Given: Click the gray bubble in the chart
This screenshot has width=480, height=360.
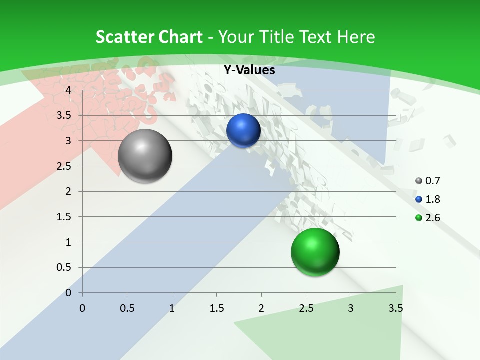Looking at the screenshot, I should [x=145, y=156].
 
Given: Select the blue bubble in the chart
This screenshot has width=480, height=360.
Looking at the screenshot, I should [x=243, y=130].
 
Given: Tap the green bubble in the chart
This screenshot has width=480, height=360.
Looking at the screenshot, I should [x=315, y=252].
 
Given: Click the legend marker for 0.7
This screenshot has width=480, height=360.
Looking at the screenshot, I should [x=418, y=181].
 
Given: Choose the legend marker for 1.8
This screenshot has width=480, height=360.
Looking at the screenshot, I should [x=418, y=199].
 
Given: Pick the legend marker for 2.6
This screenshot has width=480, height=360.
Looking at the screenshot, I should [x=418, y=218].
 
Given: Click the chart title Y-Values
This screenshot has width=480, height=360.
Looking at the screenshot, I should [x=249, y=70].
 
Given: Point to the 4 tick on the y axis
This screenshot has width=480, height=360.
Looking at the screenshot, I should [x=69, y=90].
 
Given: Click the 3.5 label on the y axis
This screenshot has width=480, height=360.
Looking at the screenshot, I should [x=64, y=115].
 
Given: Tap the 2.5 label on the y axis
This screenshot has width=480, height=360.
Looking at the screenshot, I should [x=64, y=166].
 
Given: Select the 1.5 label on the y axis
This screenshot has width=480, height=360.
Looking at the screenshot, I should [x=64, y=217].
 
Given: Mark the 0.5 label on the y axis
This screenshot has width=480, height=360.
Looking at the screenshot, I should [x=64, y=267].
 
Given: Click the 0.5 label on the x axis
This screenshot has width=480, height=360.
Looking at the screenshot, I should [x=127, y=308].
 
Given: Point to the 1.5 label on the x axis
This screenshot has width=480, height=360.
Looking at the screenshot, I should [x=216, y=308].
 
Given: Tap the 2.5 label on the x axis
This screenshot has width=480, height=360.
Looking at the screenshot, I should [x=306, y=308].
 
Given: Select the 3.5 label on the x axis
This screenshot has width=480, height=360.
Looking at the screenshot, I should [x=395, y=308].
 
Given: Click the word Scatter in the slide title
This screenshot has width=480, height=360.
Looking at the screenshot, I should [x=125, y=37].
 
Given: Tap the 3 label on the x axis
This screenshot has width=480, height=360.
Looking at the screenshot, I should [x=351, y=308].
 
